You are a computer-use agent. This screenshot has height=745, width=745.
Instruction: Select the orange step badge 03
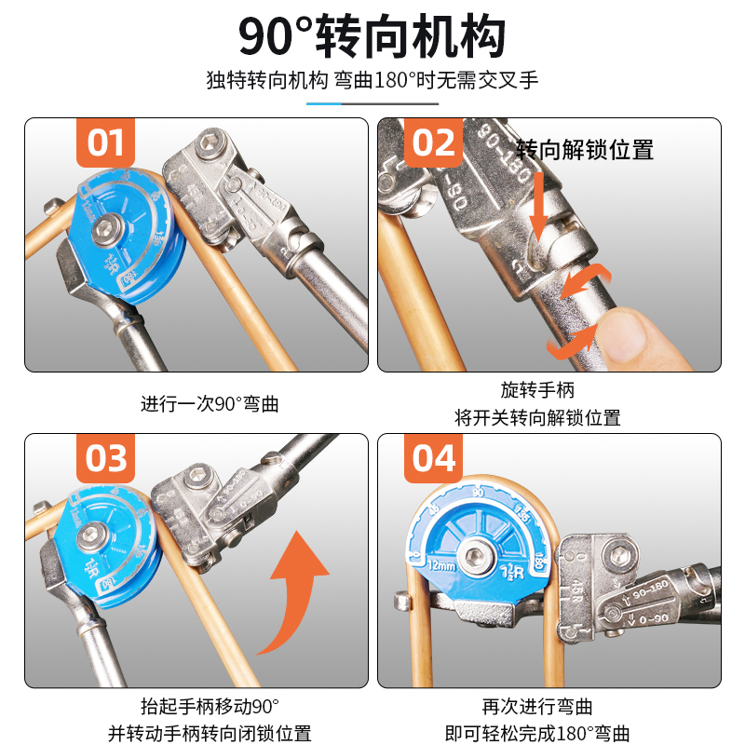pyautogui.click(x=104, y=458)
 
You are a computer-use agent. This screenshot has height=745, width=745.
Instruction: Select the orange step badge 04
pyautogui.click(x=433, y=458)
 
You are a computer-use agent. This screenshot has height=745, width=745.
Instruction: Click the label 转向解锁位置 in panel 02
pyautogui.click(x=584, y=149)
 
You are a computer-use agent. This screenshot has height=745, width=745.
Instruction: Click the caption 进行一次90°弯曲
pyautogui.click(x=210, y=404)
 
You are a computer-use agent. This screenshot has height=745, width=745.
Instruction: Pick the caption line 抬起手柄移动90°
pyautogui.click(x=210, y=706)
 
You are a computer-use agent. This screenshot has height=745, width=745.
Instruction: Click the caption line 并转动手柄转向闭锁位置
pyautogui.click(x=210, y=734)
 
